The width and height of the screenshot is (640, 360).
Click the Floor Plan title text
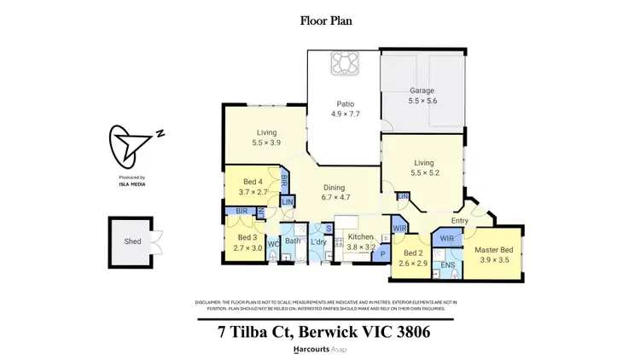click(320, 20)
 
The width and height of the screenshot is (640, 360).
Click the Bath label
click(292, 242)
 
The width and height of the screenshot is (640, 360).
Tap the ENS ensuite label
click(447, 265)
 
